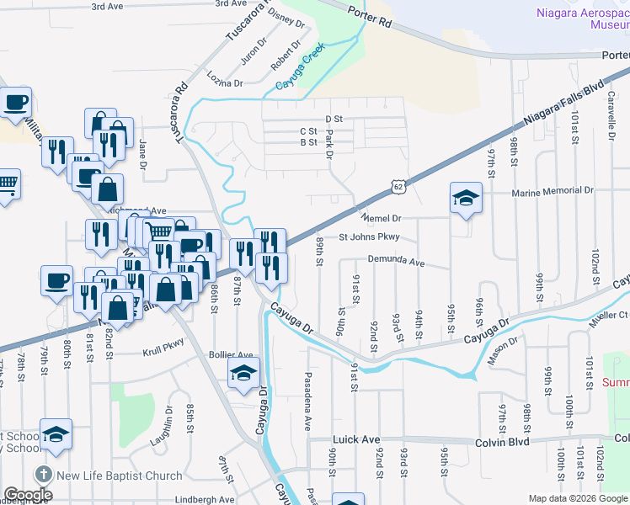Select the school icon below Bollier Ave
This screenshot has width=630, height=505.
pyautogui.click(x=243, y=373)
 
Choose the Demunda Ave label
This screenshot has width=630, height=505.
pyautogui.click(x=397, y=261)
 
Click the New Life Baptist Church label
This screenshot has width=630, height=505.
pyautogui.click(x=120, y=476)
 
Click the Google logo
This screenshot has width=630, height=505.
pyautogui.click(x=28, y=495)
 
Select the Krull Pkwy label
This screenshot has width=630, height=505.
pyautogui.click(x=163, y=343)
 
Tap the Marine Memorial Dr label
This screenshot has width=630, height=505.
pyautogui.click(x=552, y=191)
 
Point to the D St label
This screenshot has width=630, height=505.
pyautogui.click(x=334, y=120)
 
